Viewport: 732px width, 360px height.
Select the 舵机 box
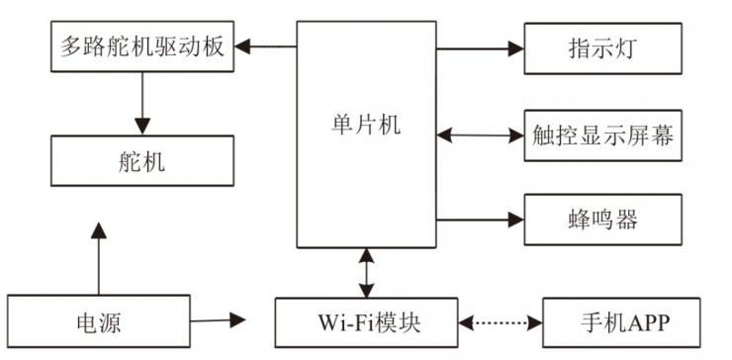(141, 159)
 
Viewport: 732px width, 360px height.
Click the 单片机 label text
(366, 126)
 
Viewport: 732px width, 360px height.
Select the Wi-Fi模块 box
(367, 321)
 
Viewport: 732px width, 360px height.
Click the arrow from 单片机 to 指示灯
(479, 45)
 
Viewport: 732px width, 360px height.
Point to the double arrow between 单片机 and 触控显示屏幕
(479, 134)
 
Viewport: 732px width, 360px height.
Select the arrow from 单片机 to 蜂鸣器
(479, 218)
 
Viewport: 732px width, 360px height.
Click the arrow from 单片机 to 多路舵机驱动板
(266, 45)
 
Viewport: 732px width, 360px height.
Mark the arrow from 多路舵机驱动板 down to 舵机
(142, 103)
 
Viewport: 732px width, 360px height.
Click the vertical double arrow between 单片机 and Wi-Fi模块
(367, 272)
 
